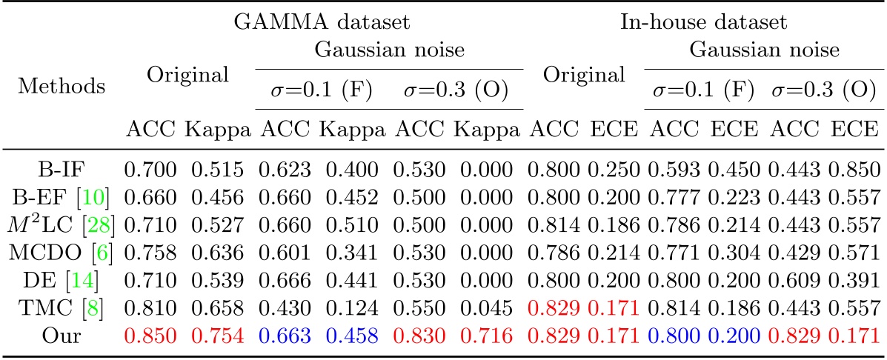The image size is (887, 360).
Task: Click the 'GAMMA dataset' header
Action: click(x=322, y=22)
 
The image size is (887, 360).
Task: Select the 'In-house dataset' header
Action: click(x=704, y=22)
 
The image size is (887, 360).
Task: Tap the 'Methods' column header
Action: click(x=62, y=86)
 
